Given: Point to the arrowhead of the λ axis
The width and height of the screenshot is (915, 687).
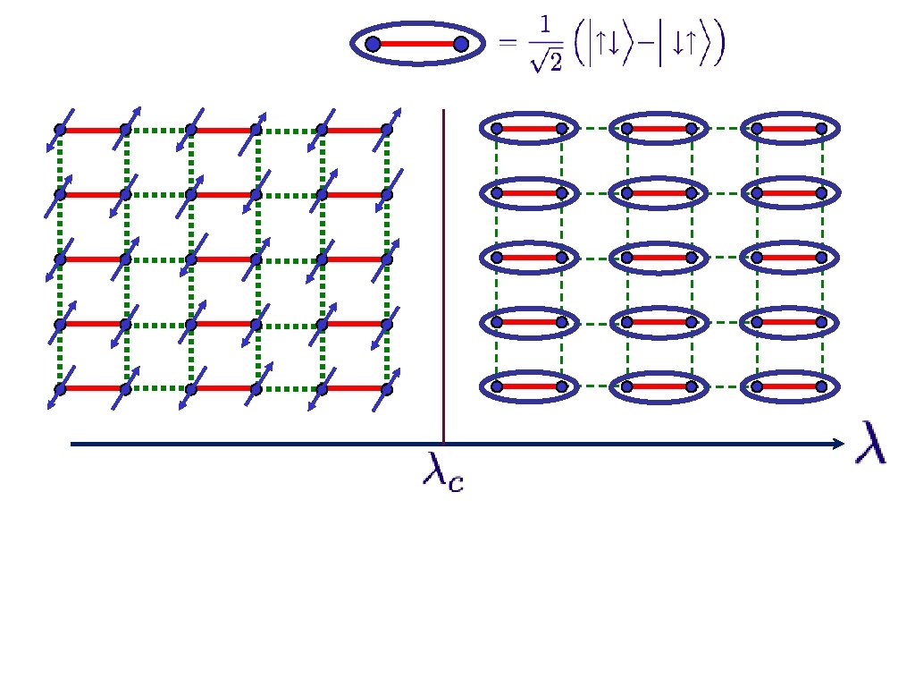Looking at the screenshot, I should [x=837, y=444].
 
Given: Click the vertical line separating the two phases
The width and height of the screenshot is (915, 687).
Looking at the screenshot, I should [x=444, y=268].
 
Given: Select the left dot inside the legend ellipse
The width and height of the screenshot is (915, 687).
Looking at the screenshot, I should [x=373, y=44].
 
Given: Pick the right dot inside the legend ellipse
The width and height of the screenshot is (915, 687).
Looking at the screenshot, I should [x=461, y=44].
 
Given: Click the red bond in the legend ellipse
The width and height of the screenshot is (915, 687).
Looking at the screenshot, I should [x=416, y=44].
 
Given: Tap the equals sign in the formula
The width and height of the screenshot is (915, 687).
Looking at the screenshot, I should [x=508, y=43].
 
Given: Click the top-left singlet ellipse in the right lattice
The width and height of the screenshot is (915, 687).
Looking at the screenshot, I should [x=528, y=130].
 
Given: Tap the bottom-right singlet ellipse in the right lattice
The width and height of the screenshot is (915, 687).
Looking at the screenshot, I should [x=789, y=386].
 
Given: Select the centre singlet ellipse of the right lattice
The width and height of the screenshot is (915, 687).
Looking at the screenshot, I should [x=659, y=259].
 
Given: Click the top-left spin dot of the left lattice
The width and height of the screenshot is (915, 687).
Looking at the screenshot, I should [x=60, y=130].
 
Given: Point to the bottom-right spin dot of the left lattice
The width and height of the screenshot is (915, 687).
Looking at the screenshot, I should [x=387, y=388].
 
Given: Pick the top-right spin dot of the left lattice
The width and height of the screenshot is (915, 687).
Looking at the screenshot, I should [x=387, y=130].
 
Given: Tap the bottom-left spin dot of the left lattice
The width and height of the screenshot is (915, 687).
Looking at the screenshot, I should [x=60, y=388].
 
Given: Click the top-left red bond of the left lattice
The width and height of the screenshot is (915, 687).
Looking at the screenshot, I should [x=93, y=130].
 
